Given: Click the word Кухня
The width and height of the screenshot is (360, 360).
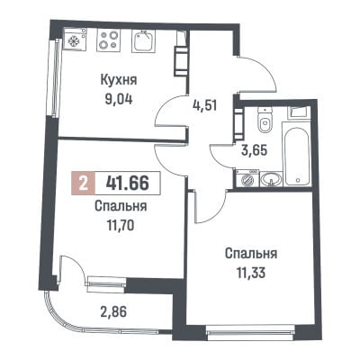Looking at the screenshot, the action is [x=119, y=81].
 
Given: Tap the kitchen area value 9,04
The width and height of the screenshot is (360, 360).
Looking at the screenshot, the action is [x=119, y=99].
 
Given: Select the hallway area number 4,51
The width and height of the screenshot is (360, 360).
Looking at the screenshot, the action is [x=204, y=105].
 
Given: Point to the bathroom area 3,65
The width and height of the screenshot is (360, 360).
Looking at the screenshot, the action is [x=254, y=150].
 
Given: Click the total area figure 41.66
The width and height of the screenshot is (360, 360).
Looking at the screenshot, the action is [x=127, y=183].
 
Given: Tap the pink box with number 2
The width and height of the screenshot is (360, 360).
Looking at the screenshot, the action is [x=84, y=183].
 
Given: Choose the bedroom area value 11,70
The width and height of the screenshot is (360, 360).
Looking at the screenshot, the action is [x=121, y=225].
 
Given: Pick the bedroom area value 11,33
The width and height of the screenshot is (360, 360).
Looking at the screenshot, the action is [x=251, y=273].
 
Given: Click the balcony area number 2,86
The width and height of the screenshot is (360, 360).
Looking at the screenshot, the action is [x=113, y=312].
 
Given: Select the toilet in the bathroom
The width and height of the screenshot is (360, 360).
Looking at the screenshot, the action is [x=265, y=120].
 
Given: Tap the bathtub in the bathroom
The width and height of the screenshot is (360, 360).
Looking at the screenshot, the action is [x=297, y=157].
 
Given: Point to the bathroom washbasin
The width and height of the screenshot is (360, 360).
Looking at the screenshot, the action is [x=271, y=179].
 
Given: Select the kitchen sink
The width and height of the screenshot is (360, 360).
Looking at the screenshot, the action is [x=144, y=40].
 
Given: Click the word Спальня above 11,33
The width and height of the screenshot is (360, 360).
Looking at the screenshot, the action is [x=251, y=254].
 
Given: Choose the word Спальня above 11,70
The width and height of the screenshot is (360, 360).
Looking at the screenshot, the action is [x=121, y=206].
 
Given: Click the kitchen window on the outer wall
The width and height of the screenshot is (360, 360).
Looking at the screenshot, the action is [x=55, y=78].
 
